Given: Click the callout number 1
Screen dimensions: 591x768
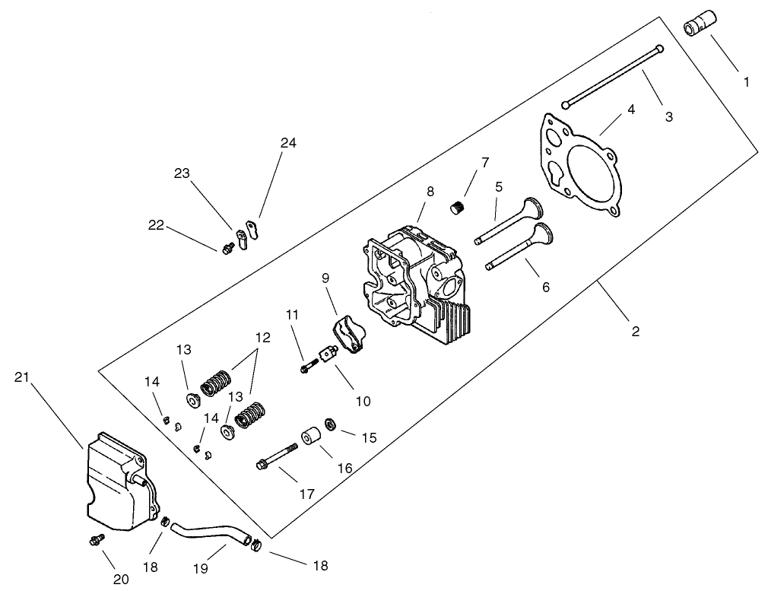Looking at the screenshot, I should click(746, 81).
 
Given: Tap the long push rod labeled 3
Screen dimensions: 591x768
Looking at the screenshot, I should click(612, 76).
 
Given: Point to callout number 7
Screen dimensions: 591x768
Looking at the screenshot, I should click(484, 162).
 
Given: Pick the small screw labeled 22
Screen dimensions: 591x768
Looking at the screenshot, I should click(227, 248).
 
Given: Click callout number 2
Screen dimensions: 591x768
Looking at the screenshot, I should click(635, 331).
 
